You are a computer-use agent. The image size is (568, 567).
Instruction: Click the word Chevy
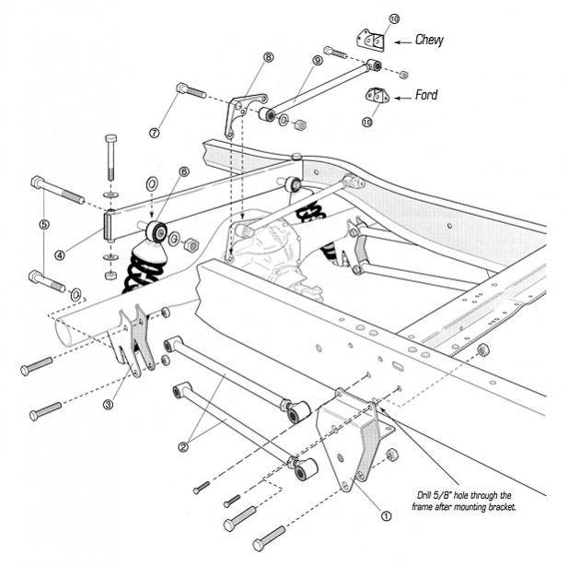[429, 40]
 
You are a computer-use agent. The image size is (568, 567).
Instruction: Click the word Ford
[426, 94]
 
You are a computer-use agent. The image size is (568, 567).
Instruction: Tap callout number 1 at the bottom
[386, 516]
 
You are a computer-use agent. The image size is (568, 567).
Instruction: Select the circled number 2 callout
[182, 446]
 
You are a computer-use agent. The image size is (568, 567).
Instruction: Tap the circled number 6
[183, 171]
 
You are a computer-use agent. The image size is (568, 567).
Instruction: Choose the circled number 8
[268, 56]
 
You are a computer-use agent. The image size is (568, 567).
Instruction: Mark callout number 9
[318, 60]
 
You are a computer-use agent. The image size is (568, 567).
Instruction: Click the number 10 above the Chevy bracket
[368, 18]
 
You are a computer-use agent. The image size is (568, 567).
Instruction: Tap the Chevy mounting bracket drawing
[370, 40]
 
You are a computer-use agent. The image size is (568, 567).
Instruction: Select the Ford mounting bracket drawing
[377, 95]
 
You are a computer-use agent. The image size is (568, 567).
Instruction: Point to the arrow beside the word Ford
[402, 95]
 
